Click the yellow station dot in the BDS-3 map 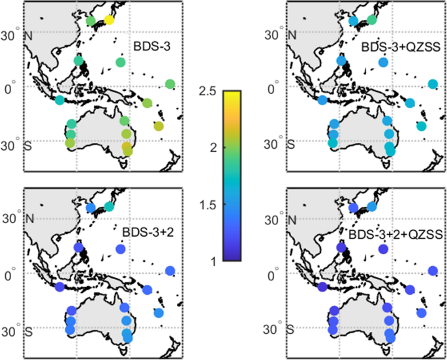(109, 20)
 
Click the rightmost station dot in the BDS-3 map (170, 84)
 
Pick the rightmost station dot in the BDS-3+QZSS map (433, 84)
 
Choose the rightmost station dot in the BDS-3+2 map (170, 271)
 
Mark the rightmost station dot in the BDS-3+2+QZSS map (433, 271)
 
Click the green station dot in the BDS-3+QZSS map (372, 20)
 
